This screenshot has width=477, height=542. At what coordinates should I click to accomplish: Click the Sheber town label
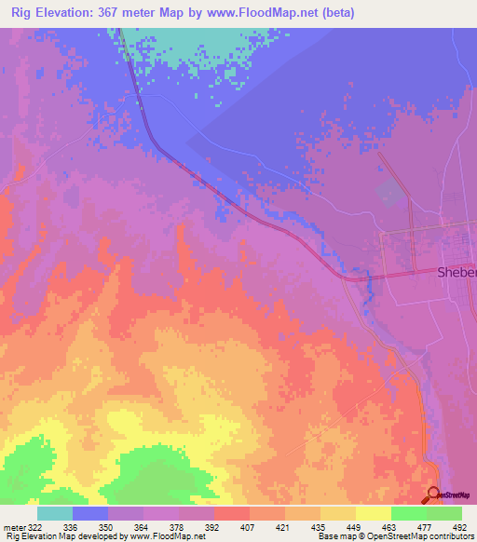[x=457, y=273]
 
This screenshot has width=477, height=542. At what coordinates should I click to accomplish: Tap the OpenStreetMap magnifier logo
[x=435, y=495]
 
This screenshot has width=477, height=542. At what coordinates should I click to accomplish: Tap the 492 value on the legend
[x=458, y=526]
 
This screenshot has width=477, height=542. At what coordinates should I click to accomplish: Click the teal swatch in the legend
[x=55, y=513]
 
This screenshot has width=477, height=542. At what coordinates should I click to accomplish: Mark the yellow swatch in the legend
[x=373, y=513]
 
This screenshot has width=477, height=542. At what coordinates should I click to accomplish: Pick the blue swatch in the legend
[x=90, y=513]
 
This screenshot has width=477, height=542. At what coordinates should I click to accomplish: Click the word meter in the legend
[x=13, y=526]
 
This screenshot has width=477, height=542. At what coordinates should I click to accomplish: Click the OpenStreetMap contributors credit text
[x=424, y=536]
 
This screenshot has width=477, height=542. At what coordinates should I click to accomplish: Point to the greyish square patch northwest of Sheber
[x=391, y=193]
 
